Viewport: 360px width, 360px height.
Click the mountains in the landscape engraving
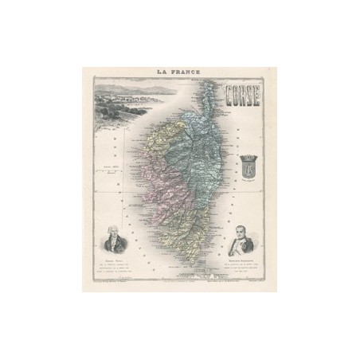[119, 96]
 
